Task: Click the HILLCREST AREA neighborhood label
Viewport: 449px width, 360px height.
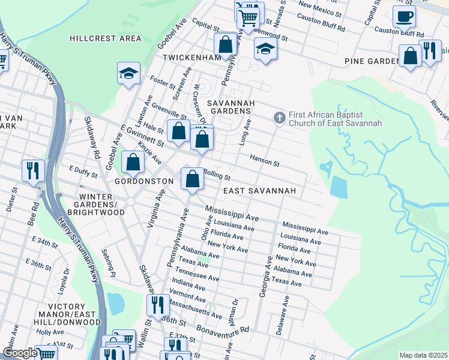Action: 106,38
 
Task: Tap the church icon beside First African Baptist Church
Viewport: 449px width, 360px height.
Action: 279,117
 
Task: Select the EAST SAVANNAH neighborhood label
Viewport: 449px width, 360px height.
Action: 260,191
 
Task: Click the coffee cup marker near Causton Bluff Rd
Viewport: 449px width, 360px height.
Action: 405,17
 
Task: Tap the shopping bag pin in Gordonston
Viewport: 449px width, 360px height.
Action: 133,162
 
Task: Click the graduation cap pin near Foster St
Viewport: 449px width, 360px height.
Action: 128,73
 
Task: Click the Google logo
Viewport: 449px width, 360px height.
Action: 20,353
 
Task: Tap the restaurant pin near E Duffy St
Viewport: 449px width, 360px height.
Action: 32,170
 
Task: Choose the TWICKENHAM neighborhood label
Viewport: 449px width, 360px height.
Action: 192,58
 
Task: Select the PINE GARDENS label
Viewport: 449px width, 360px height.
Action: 372,61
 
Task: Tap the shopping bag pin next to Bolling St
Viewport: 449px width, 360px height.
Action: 192,179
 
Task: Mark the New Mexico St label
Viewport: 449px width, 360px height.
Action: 319,9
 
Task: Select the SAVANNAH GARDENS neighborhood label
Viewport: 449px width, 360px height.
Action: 228,107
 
